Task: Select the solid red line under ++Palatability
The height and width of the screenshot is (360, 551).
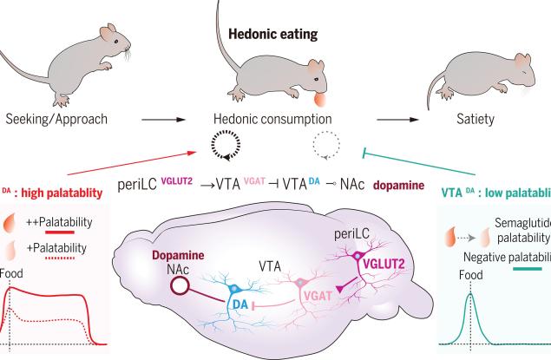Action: click(x=74, y=232)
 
